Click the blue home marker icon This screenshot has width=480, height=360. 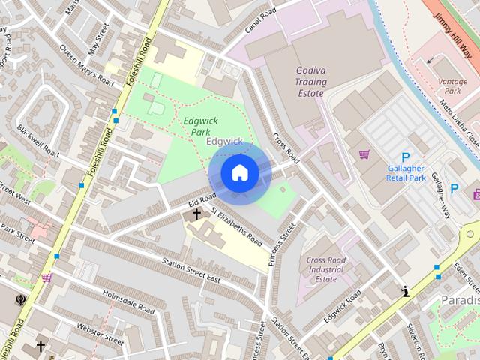tap(239, 173)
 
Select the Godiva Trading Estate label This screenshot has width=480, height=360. tap(310, 81)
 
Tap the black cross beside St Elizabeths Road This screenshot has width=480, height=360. tap(197, 214)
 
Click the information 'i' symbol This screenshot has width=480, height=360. tap(406, 292)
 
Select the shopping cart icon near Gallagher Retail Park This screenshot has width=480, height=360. tap(364, 154)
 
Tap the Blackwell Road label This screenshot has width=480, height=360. tap(37, 140)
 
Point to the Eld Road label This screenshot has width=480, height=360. tap(181, 200)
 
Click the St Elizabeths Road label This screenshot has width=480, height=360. tap(237, 227)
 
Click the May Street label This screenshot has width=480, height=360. tap(99, 36)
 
